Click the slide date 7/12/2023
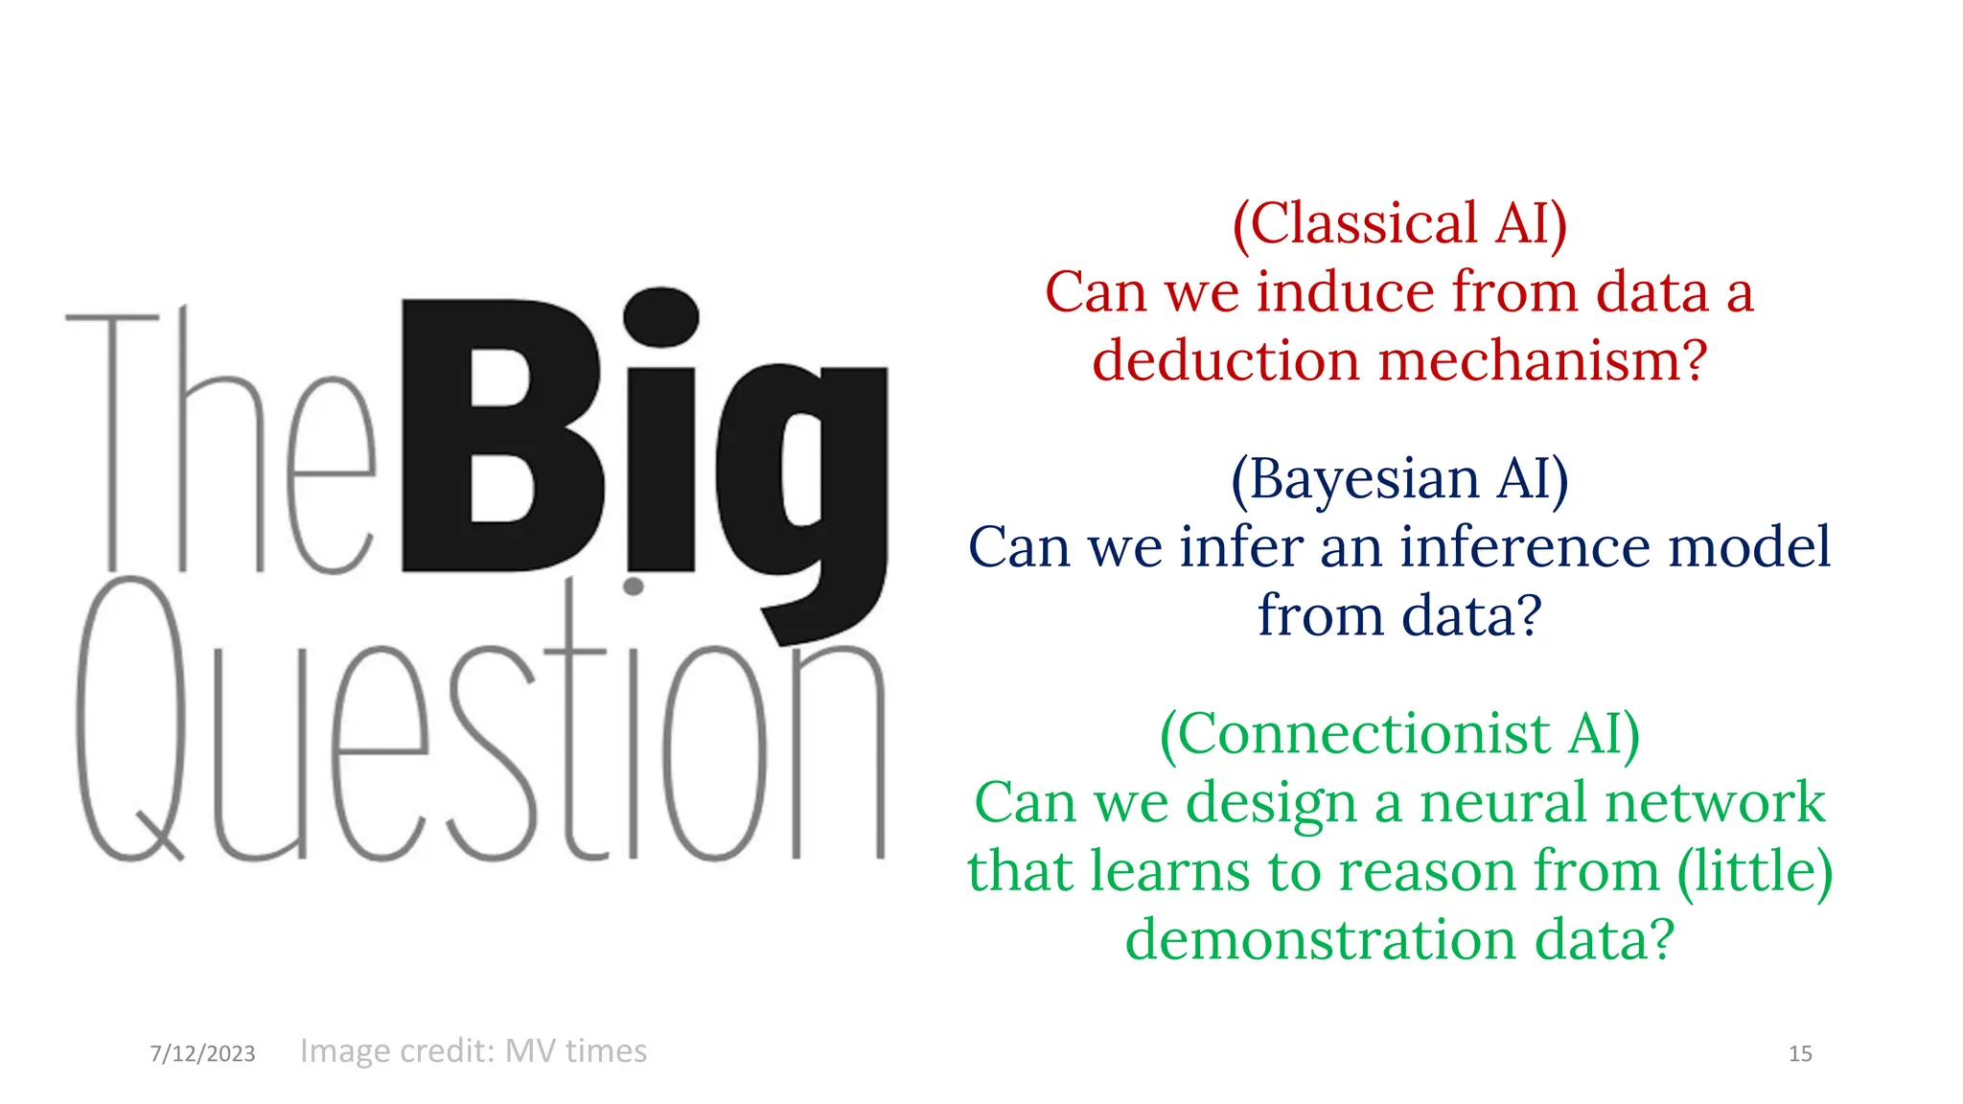tap(202, 1053)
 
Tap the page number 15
tap(1800, 1053)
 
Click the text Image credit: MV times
tap(473, 1050)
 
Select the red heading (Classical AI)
tap(1399, 224)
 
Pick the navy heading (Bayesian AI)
tap(1399, 478)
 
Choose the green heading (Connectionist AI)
tap(1399, 734)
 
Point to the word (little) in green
tap(1755, 871)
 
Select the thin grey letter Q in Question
tap(129, 719)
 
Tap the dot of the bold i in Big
tap(660, 316)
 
